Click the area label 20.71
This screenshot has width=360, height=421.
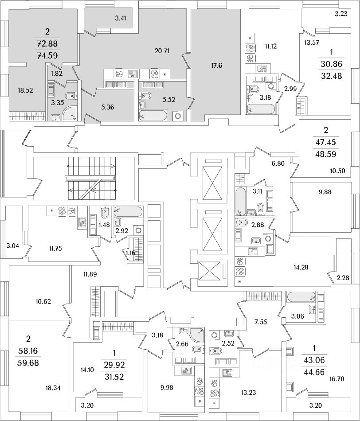(162, 51)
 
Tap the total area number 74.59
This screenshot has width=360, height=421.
(47, 56)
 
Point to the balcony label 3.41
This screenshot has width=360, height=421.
(120, 18)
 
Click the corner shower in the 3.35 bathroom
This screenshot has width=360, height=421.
(70, 113)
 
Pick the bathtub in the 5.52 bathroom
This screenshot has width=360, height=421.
(153, 115)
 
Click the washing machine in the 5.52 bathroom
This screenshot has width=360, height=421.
(178, 116)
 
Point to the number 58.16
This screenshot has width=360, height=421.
(28, 351)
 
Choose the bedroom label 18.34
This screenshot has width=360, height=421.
(53, 388)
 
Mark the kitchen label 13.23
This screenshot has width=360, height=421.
(249, 393)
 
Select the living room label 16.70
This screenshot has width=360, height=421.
(337, 379)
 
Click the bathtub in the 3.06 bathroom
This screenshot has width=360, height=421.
(301, 296)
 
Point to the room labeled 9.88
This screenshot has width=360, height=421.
(325, 192)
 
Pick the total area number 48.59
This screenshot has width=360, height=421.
(326, 154)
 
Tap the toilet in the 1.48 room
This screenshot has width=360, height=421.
(104, 213)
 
